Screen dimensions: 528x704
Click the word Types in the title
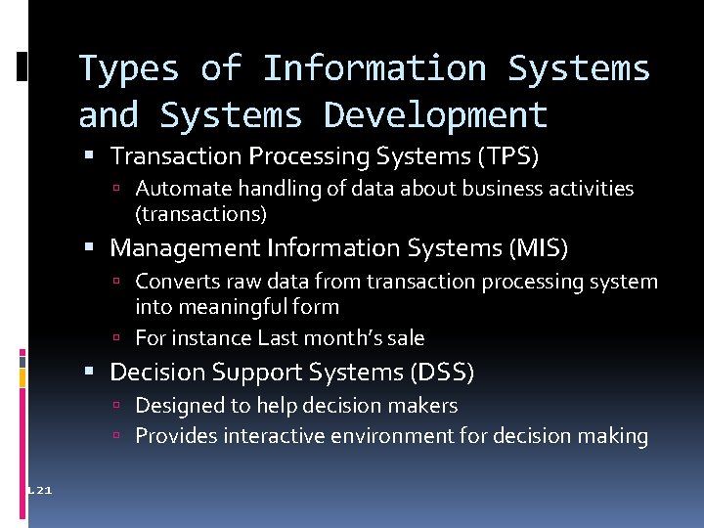pos(128,69)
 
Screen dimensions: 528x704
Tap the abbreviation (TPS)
pos(506,156)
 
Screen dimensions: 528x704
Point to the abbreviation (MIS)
pos(537,249)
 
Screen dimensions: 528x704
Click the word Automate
pos(177,189)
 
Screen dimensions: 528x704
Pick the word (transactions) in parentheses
pos(201,213)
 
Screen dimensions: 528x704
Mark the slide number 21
pos(45,490)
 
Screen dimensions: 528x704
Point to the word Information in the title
pos(374,69)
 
